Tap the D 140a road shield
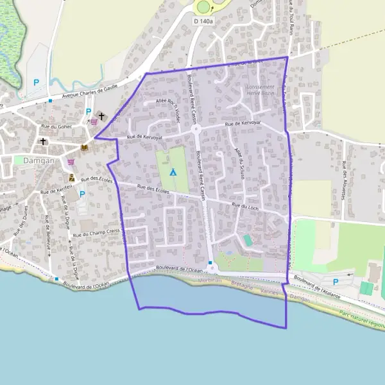pos(203,21)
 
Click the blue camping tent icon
pos(172,171)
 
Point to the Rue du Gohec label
pos(72,126)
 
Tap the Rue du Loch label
pos(244,206)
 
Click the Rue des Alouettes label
pos(344,180)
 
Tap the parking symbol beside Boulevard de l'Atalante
pos(335,281)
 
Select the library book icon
pos(83,148)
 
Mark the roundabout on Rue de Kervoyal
pos(196,129)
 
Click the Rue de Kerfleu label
pos(53,191)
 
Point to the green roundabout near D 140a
pos(203,6)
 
